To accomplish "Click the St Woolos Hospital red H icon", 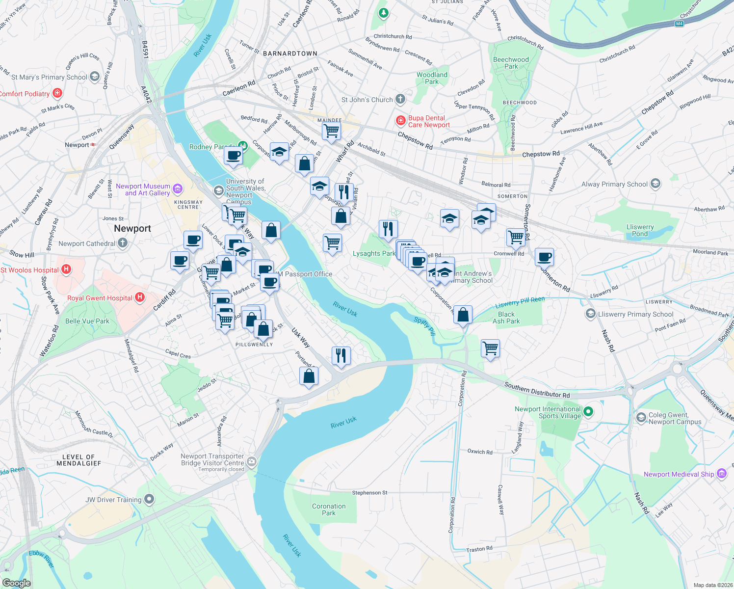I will point(66,269).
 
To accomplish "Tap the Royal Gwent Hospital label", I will point(100,298).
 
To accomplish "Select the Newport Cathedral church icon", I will point(123,243).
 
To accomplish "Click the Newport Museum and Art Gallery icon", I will point(178,189).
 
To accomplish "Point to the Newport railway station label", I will point(77,145).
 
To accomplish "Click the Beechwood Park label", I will point(511,63).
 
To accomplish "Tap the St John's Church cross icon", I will point(400,99).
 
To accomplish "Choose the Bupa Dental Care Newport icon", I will point(401,120).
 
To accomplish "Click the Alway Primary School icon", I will point(655,184).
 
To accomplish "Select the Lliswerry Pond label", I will point(640,230).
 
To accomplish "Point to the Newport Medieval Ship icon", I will point(722,474).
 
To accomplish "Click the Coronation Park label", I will point(329,509).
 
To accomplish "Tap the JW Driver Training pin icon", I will point(149,500).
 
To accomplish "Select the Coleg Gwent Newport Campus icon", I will point(641,417).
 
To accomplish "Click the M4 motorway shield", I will point(679,24).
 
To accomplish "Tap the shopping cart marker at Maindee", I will point(331,131).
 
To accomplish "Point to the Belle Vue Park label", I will point(87,321).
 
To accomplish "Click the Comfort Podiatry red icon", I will point(58,93).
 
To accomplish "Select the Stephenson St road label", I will point(369,492).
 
